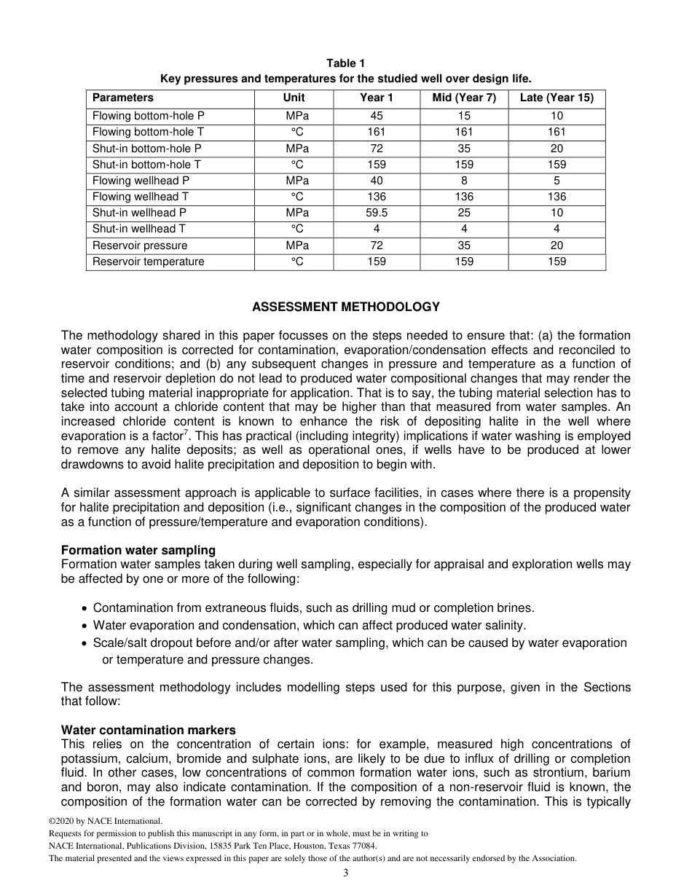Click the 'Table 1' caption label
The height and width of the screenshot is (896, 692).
point(345,64)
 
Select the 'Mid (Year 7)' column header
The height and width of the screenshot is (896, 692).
point(464,98)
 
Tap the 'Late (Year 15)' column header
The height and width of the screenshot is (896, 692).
point(557,98)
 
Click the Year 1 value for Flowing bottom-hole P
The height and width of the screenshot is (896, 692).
point(377,116)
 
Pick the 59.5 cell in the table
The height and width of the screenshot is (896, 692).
point(377,213)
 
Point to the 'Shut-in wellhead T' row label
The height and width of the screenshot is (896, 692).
point(138,229)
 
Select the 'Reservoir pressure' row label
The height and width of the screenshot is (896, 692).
point(139,245)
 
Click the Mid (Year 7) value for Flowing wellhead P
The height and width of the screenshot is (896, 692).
point(464,181)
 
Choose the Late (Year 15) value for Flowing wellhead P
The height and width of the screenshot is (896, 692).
point(557,181)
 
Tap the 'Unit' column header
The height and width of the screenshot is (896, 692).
point(294,98)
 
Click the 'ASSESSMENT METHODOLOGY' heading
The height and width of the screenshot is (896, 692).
point(346,307)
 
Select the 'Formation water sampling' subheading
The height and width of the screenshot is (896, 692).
point(138,550)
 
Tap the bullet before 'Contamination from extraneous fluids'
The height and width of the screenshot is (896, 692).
point(87,608)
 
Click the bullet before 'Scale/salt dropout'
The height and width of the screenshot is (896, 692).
point(87,643)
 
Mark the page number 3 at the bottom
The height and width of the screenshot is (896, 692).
point(346,873)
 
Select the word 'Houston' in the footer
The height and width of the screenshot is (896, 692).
point(307,846)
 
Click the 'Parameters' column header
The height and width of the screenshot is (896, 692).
point(123,98)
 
